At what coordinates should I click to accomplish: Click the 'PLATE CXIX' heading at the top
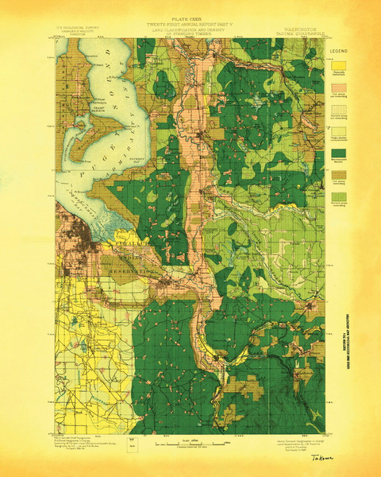[190, 19]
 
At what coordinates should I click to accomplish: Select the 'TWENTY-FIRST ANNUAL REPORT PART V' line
[190, 25]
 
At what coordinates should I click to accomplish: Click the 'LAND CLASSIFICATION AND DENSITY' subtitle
[190, 31]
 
